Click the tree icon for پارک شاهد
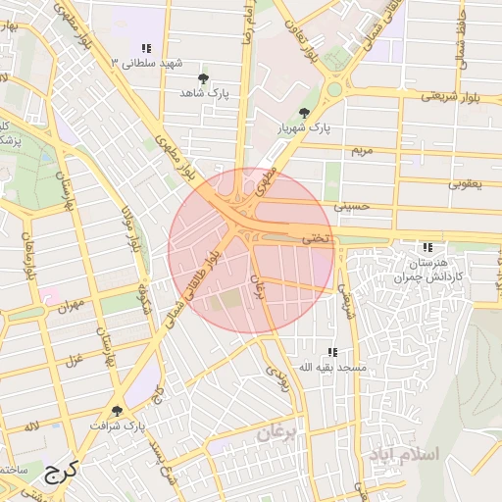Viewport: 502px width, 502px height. [204, 76]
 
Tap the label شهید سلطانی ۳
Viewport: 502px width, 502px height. [148, 64]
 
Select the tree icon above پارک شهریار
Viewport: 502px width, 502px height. [305, 113]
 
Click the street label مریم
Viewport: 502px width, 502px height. [362, 151]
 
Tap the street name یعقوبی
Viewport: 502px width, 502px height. [465, 182]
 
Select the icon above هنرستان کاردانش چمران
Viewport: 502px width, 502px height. [426, 247]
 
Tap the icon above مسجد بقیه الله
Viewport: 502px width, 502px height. [332, 351]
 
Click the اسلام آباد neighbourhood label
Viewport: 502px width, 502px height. [405, 455]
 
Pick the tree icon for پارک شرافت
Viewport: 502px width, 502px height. [118, 411]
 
